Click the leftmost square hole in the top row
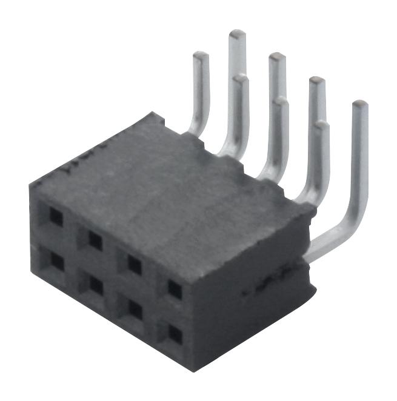point(56,218)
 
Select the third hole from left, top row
point(135,264)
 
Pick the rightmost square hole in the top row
point(175,289)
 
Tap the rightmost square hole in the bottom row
point(175,333)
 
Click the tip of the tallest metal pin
point(237,34)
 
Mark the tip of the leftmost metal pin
point(201,56)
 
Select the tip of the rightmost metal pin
point(360,105)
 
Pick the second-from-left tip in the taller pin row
point(277,57)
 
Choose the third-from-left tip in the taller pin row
point(317,81)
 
